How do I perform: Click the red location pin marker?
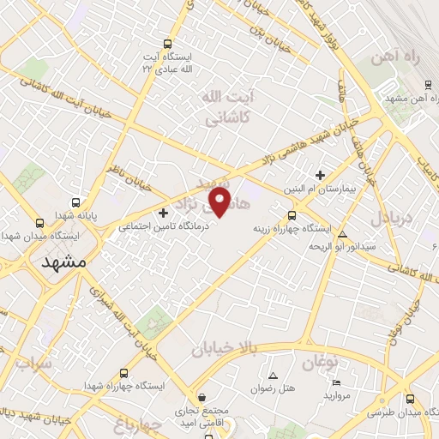pyautogui.click(x=220, y=202)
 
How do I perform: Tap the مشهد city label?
pyautogui.click(x=64, y=262)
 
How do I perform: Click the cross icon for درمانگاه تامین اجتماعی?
pyautogui.click(x=163, y=212)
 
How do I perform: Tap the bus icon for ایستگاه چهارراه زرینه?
pyautogui.click(x=292, y=215)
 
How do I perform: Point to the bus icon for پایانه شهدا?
pyautogui.click(x=77, y=203)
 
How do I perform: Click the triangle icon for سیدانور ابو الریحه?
pyautogui.click(x=343, y=234)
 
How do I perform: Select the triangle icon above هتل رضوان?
pyautogui.click(x=274, y=376)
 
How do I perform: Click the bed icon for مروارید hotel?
pyautogui.click(x=336, y=382)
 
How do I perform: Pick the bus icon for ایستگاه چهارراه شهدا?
pyautogui.click(x=124, y=373)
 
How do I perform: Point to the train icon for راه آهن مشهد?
pyautogui.click(x=427, y=85)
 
